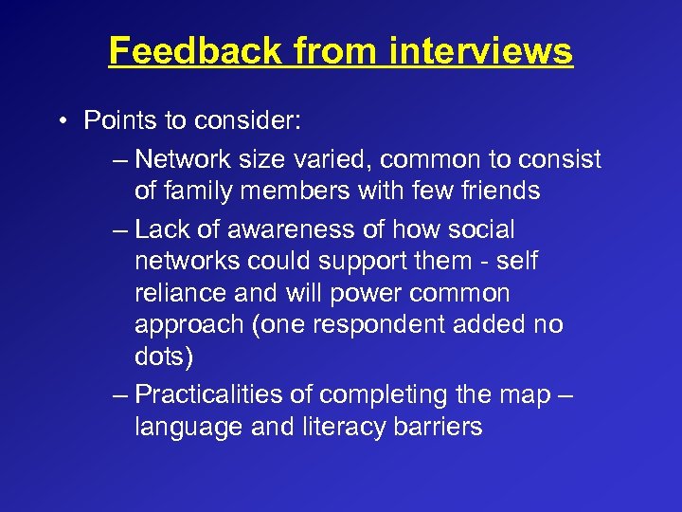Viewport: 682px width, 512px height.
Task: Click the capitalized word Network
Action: click(188, 159)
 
